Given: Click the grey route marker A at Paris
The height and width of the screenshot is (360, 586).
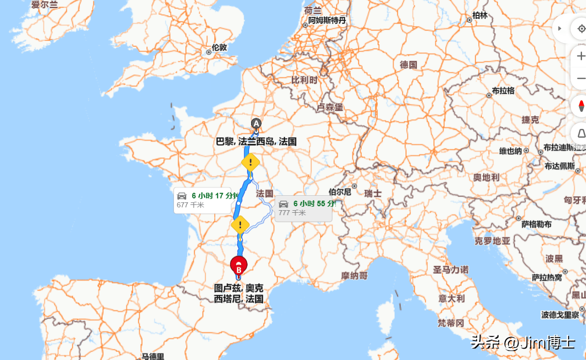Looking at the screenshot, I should [256, 124].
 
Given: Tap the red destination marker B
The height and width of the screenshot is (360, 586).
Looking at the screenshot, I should [239, 266].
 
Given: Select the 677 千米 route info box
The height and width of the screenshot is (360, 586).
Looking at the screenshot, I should [202, 200].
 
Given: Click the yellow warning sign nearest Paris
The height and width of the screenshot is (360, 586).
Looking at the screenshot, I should [250, 162].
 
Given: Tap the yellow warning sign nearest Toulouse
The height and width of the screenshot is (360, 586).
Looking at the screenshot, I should [241, 224].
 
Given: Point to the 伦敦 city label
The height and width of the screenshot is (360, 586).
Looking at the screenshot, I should [219, 48].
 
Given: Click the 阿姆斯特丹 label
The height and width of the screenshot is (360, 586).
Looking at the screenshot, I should [327, 20].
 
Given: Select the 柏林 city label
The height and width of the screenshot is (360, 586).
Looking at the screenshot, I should [480, 15].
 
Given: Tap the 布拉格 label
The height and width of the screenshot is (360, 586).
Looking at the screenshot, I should [503, 91].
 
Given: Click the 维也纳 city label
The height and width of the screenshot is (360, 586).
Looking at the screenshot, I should [511, 151].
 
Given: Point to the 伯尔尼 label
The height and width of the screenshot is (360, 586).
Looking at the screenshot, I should [340, 192].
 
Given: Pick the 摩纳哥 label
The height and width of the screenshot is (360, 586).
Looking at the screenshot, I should [354, 275].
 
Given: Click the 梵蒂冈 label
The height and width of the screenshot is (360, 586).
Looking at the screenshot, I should [451, 323].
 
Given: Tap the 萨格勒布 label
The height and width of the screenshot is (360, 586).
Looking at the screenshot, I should [537, 225].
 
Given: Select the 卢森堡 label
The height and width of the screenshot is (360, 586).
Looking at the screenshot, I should [330, 107].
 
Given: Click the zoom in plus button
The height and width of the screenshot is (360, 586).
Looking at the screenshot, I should [581, 56].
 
